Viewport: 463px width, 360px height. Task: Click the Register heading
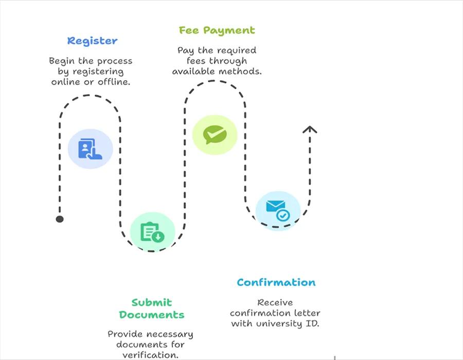[92, 41]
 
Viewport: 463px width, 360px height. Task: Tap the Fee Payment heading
[217, 30]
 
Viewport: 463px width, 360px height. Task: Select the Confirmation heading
[276, 282]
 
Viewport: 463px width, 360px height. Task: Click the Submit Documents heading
[151, 309]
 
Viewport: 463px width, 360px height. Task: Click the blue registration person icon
[90, 149]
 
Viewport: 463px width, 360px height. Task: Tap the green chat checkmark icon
[215, 135]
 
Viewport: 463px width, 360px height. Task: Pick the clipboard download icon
[152, 232]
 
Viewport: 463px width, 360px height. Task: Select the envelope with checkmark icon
[278, 210]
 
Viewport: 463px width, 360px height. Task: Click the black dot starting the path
[60, 219]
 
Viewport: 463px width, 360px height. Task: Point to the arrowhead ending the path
[309, 129]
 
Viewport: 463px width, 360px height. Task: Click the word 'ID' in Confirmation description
[314, 323]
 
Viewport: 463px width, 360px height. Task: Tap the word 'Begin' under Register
[62, 61]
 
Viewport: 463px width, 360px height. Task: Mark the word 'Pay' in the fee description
[187, 50]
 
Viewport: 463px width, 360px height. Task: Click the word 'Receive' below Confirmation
[275, 302]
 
